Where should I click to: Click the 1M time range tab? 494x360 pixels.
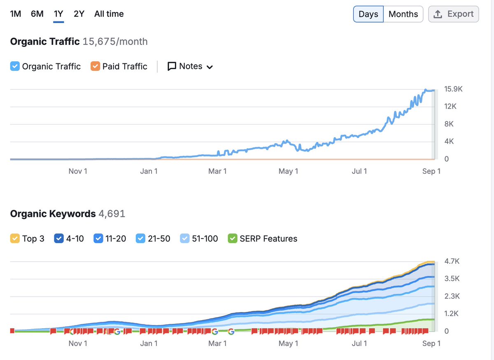(15, 14)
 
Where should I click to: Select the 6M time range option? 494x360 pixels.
(37, 14)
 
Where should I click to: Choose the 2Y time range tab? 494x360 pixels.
(79, 14)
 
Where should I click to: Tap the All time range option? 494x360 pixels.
(109, 14)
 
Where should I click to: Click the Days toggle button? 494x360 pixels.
(368, 14)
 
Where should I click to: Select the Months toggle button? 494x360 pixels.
(403, 14)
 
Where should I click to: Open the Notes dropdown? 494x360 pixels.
(190, 66)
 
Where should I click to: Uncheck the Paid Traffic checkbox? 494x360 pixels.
(96, 66)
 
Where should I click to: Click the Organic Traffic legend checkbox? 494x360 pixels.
(15, 66)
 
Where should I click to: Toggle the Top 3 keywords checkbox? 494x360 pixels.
(15, 239)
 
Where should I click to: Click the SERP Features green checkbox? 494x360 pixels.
(233, 239)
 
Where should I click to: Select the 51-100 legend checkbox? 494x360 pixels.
(185, 239)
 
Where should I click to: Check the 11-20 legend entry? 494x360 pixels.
(98, 239)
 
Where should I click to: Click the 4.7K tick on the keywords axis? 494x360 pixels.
(452, 261)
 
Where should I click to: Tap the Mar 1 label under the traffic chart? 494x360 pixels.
(217, 171)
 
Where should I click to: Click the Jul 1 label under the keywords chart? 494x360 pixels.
(359, 343)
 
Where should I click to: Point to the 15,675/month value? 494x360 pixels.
(115, 42)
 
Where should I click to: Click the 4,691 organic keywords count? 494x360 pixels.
(112, 214)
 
